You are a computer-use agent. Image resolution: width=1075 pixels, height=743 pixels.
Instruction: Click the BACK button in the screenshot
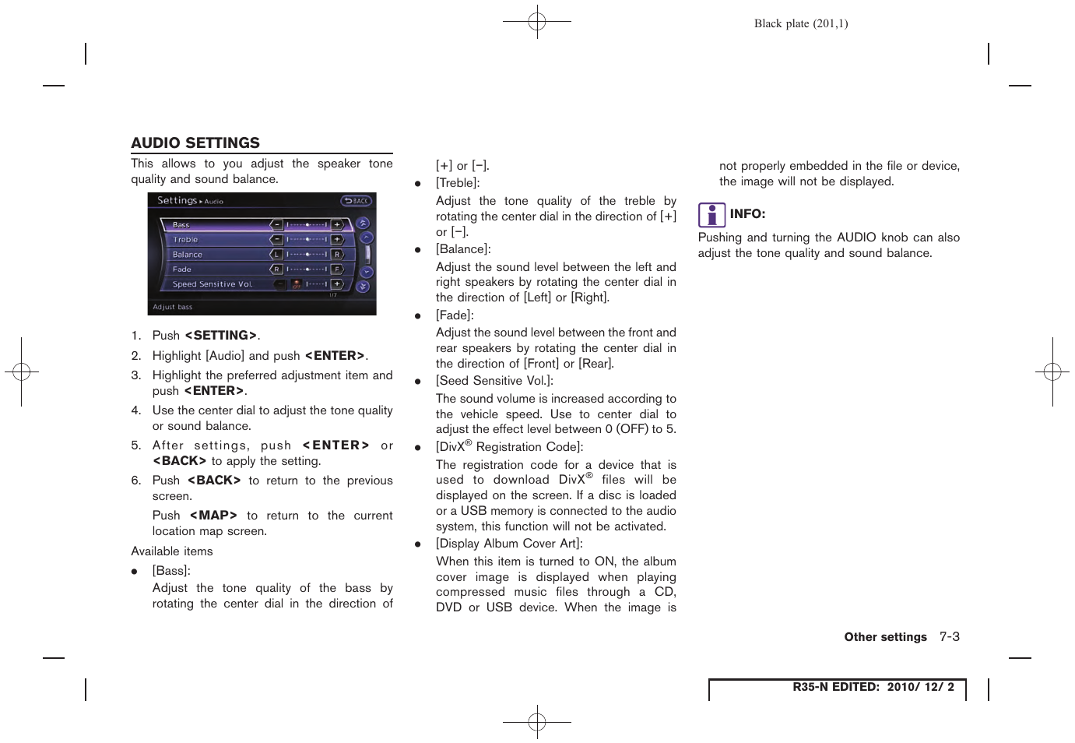[357, 201]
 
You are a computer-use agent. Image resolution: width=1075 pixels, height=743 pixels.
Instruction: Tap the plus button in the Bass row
[337, 224]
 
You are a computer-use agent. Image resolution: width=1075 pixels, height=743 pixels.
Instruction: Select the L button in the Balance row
[276, 254]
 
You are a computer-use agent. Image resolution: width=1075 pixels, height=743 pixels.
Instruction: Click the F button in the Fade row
[337, 269]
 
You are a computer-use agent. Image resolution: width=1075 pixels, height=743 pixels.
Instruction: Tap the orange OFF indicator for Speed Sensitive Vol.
[297, 284]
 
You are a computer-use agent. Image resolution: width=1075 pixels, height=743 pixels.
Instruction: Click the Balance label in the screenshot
[187, 255]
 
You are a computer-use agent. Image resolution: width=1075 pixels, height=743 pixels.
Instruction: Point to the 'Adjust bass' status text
[173, 307]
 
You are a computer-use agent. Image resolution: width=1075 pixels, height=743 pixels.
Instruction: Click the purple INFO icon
[711, 214]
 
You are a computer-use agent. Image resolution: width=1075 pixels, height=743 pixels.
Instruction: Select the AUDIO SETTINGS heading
[195, 143]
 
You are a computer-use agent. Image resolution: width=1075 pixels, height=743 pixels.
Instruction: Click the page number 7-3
[949, 636]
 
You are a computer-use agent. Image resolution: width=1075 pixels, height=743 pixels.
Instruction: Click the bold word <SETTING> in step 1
[221, 336]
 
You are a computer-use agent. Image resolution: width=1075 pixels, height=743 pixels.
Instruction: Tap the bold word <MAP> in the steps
[213, 516]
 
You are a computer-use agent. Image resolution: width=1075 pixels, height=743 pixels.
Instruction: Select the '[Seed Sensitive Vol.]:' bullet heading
[494, 381]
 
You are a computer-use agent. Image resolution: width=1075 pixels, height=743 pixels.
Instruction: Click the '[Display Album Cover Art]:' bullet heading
[509, 544]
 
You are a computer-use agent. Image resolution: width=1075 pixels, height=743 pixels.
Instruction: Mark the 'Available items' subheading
[172, 551]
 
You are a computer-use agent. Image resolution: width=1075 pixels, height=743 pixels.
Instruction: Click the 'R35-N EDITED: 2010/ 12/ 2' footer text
[873, 687]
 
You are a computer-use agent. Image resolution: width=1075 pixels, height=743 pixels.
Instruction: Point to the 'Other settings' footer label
[885, 637]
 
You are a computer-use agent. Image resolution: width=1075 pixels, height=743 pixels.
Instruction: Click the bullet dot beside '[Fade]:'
[418, 316]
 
